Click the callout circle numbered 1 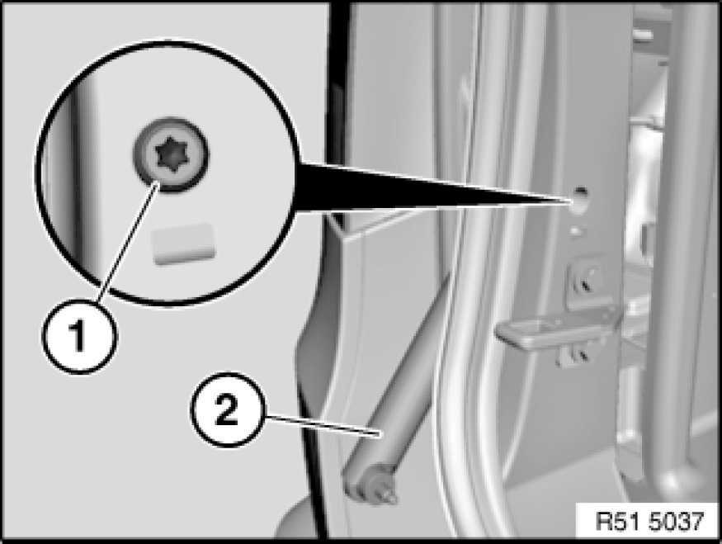point(80,337)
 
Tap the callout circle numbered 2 point(227,409)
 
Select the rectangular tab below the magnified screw point(184,244)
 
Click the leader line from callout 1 point(128,242)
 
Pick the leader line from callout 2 point(323,426)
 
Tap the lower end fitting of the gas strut point(368,483)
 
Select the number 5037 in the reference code point(677,522)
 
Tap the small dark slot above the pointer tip point(581,190)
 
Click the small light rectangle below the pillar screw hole point(576,229)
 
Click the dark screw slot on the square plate point(587,284)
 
